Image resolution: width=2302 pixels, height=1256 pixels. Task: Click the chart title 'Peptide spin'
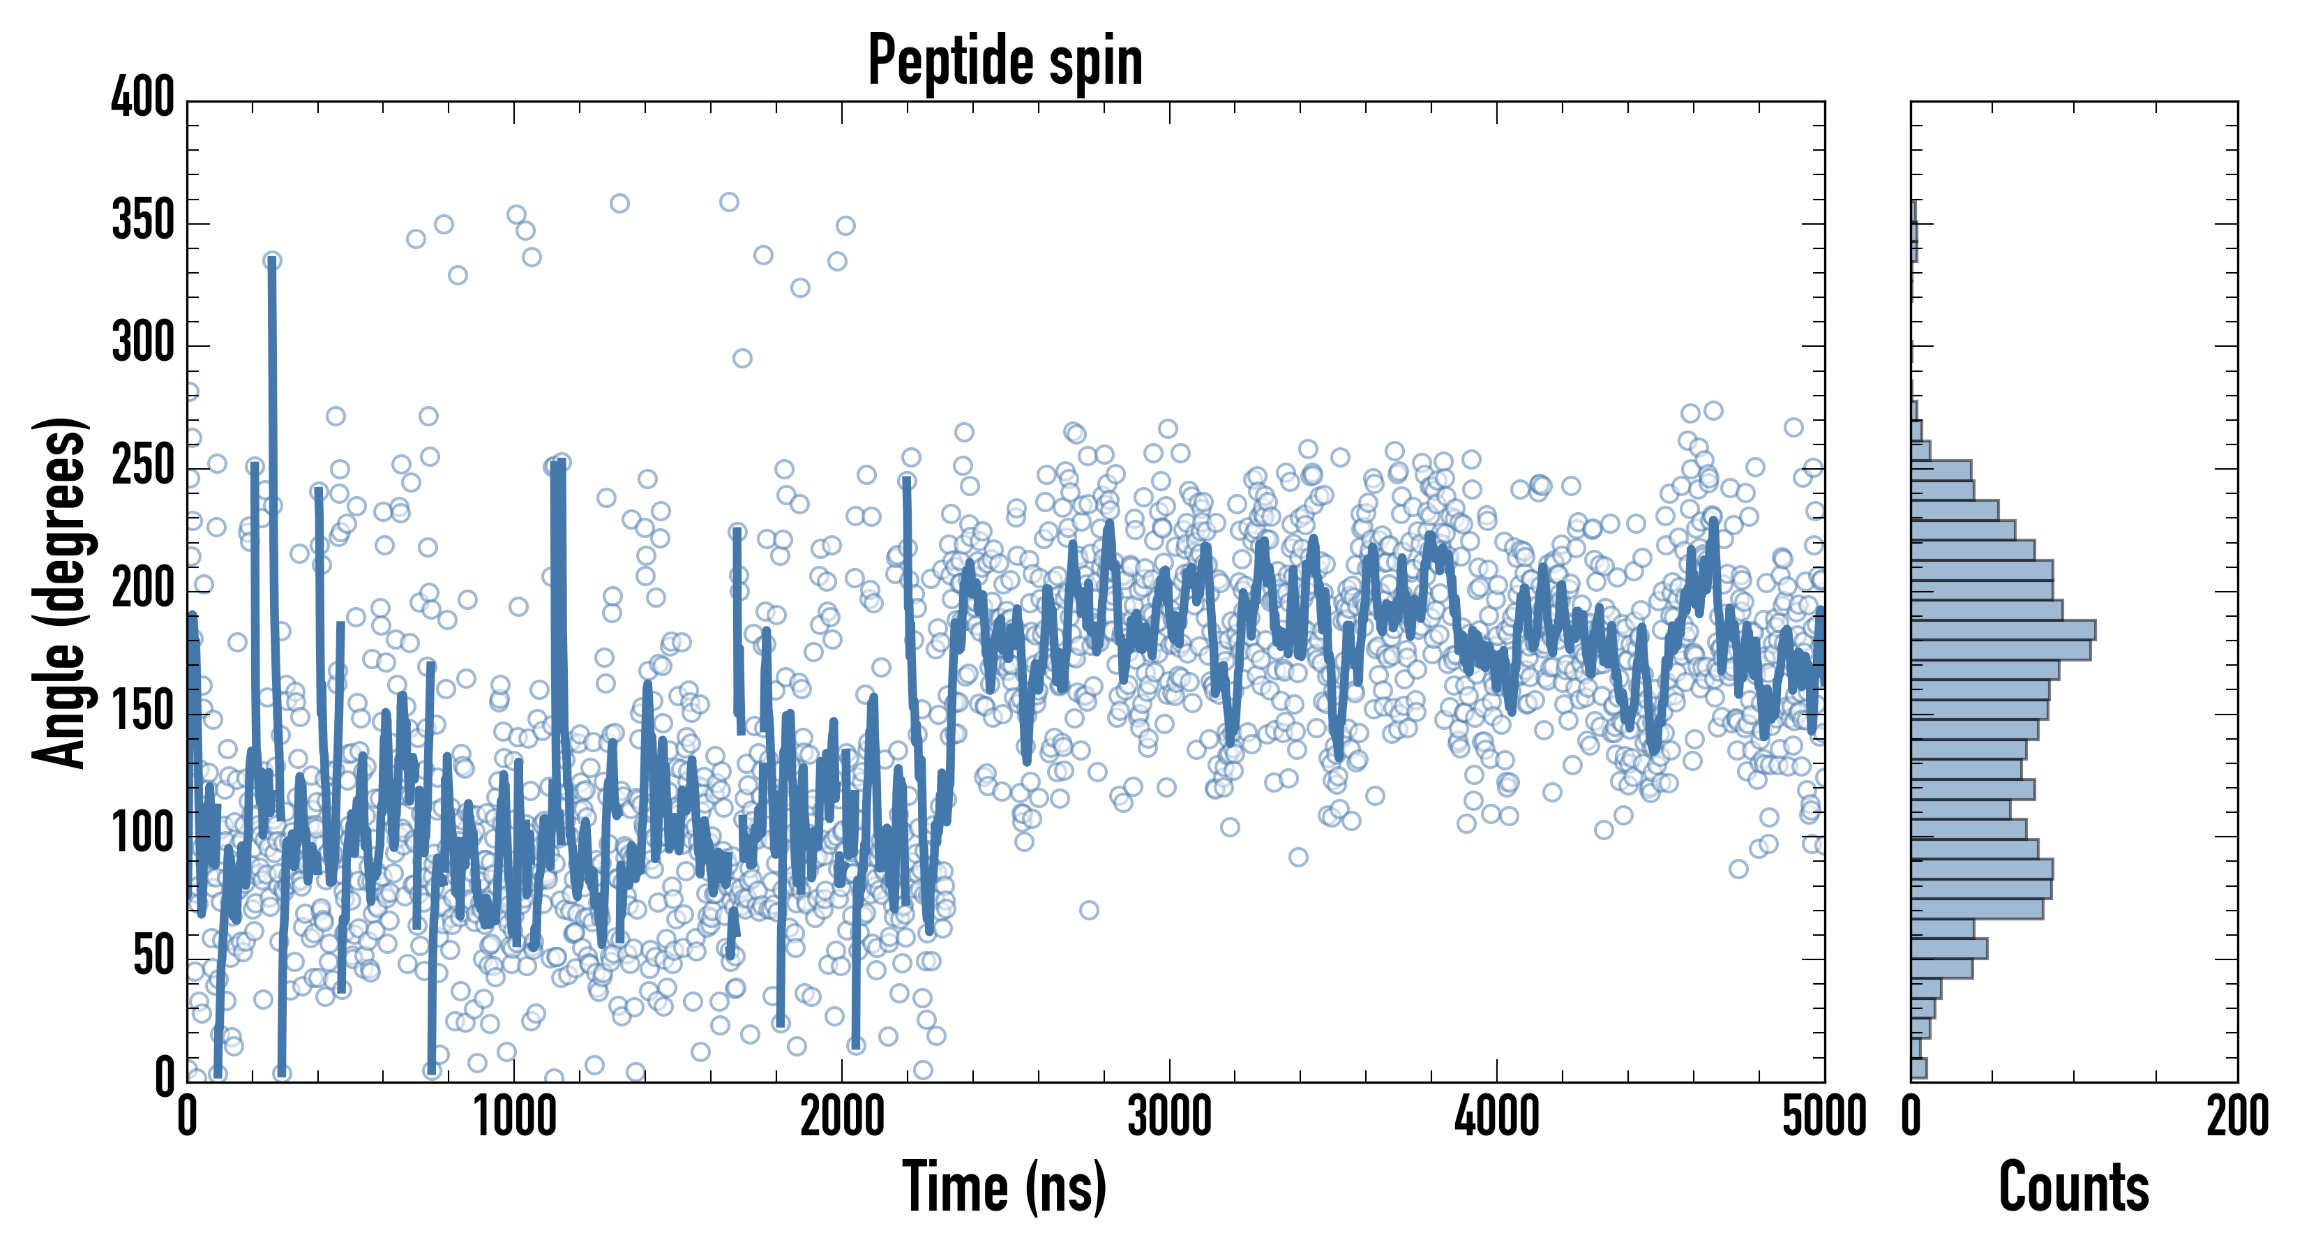click(x=1005, y=61)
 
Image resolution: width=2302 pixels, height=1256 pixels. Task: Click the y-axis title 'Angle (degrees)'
click(x=60, y=592)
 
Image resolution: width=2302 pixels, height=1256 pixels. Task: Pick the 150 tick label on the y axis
click(x=143, y=712)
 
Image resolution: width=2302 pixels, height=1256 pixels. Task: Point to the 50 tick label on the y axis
click(x=153, y=957)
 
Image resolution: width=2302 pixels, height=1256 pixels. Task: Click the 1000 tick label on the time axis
click(x=515, y=1117)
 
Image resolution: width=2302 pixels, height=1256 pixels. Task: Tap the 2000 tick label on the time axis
click(x=842, y=1117)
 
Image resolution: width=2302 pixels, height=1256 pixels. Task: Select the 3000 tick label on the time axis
click(x=1169, y=1117)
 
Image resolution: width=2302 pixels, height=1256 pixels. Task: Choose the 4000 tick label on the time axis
click(x=1496, y=1117)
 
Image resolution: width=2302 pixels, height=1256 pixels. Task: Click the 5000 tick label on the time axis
click(x=1823, y=1117)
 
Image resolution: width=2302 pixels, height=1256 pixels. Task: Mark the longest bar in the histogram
click(x=2003, y=629)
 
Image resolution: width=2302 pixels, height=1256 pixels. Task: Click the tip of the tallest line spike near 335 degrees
click(x=271, y=260)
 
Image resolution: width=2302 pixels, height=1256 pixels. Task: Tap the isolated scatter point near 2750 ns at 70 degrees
click(x=1088, y=910)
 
